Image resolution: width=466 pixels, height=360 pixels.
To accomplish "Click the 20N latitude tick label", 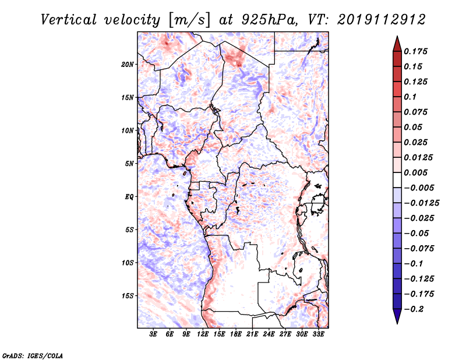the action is (128, 64).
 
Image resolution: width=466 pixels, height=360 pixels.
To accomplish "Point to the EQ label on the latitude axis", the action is (129, 196).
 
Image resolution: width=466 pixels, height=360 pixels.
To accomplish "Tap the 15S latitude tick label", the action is (128, 296).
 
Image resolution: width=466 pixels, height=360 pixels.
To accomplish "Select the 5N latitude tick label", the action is (129, 164).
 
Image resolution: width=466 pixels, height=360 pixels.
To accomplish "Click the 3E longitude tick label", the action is (153, 334).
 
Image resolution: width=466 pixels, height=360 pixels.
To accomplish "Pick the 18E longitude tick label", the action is (236, 334).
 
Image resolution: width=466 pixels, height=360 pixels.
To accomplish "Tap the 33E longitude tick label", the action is (318, 334).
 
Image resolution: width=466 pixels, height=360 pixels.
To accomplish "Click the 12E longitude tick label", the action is (203, 334).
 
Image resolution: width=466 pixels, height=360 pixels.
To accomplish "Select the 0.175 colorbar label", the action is (416, 51).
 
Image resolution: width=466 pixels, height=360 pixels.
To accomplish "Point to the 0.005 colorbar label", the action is (416, 172).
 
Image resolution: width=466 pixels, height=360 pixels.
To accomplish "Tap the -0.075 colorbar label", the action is (419, 249).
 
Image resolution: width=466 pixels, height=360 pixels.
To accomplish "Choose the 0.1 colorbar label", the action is (411, 97).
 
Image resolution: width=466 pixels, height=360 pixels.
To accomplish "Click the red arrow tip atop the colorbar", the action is (397, 37).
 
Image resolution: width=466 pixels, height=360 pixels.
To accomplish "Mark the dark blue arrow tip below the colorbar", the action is (397, 323).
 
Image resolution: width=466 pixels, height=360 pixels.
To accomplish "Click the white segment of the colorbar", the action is (397, 180).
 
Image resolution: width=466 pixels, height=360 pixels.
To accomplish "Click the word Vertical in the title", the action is (69, 20).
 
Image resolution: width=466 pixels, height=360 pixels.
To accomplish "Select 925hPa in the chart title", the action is (270, 20).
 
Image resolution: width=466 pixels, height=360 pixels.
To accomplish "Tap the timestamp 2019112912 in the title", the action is (382, 20).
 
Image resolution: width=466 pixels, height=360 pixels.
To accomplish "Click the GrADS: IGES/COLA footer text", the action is (33, 356).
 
